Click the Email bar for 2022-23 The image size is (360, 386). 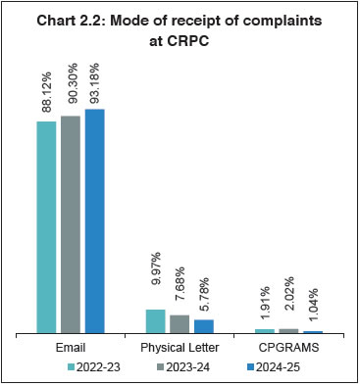[x=47, y=227]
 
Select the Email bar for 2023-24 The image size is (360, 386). [x=71, y=225]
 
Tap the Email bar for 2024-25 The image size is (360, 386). [x=94, y=221]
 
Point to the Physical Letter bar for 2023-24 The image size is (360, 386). [x=180, y=324]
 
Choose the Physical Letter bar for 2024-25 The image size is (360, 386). [x=203, y=327]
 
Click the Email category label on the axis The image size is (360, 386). [x=71, y=347]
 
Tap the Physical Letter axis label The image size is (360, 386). [x=180, y=347]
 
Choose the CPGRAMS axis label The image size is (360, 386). [x=288, y=347]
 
